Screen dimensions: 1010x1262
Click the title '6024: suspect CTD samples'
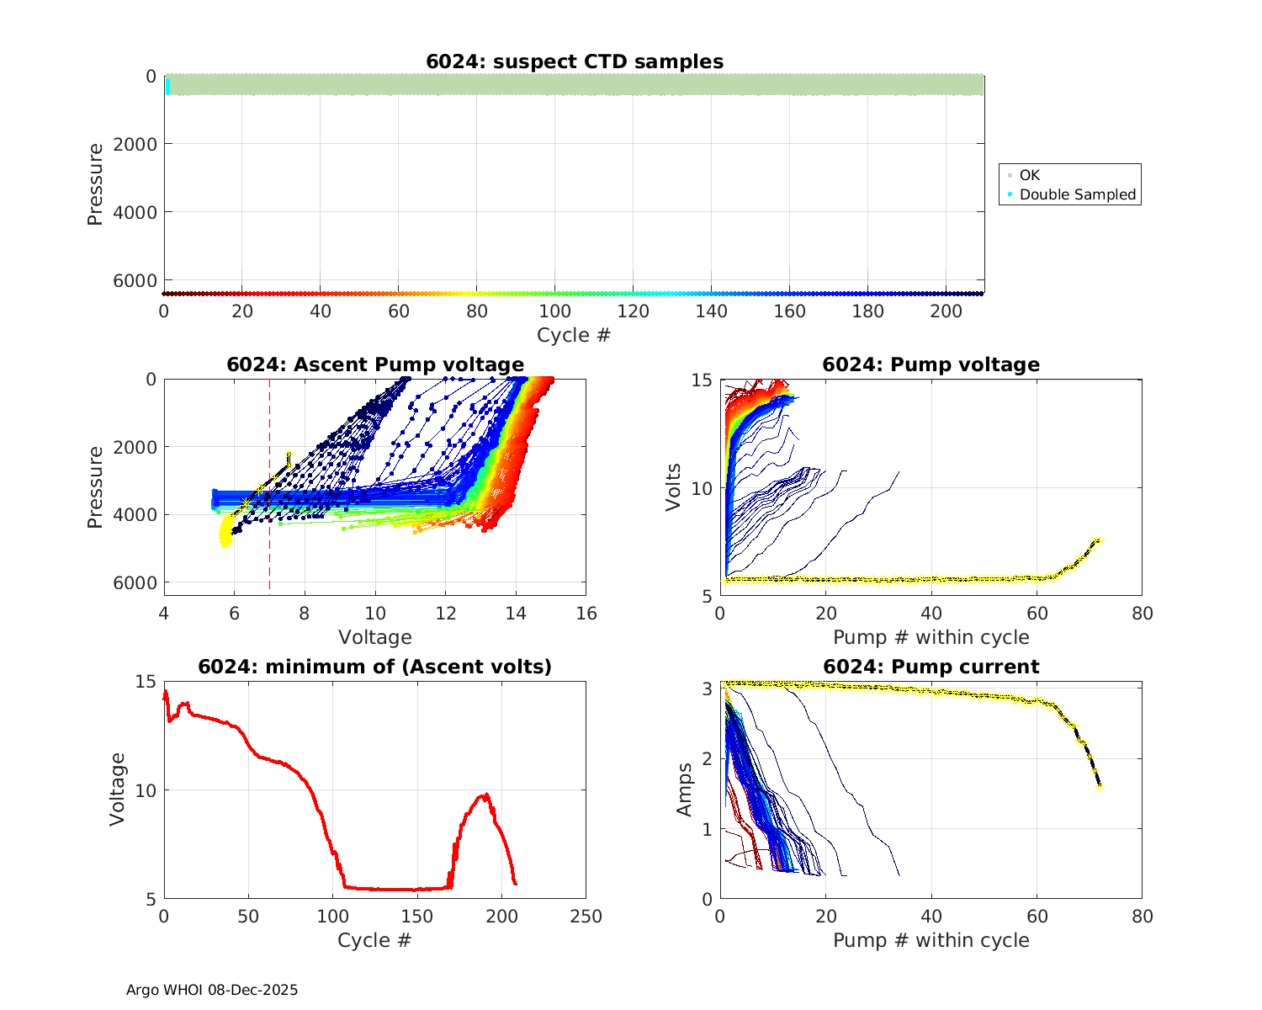coord(575,61)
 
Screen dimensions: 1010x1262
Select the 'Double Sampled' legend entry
coord(1077,194)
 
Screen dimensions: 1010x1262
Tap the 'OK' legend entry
coord(1029,175)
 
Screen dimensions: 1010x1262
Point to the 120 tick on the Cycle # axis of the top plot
coord(633,311)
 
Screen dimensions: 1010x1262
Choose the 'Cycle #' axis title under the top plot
coord(574,335)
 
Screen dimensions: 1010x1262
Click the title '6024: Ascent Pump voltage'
coord(375,364)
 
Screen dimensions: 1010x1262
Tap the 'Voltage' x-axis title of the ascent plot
coord(375,637)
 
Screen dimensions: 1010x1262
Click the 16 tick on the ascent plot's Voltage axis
coord(586,614)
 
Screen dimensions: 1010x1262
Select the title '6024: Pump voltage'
coord(931,364)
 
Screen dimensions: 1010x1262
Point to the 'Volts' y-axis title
coord(673,486)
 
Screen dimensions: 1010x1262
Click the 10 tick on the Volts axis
coord(703,488)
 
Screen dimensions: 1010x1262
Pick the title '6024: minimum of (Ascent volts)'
coord(375,667)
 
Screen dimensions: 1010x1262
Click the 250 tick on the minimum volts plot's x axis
coord(586,917)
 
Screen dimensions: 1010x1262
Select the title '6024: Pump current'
coord(931,667)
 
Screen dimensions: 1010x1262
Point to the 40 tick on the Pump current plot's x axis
coord(931,917)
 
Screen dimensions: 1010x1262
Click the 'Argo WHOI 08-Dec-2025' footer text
coord(212,990)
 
